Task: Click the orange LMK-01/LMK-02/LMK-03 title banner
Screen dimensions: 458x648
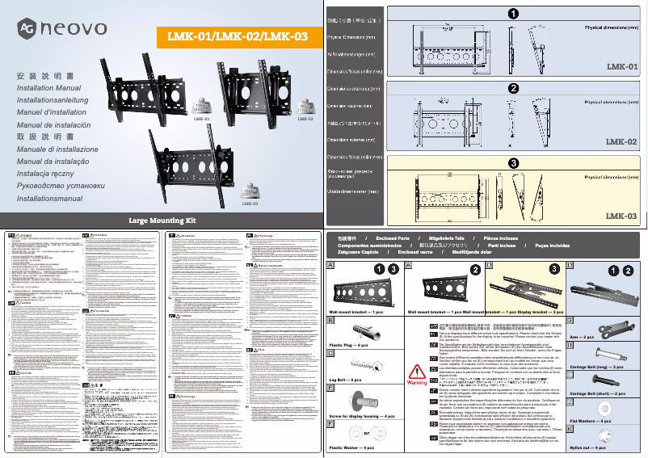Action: [x=237, y=36]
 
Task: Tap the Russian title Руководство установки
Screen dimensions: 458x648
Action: [x=61, y=186]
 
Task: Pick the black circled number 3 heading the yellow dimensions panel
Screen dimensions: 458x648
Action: [x=513, y=162]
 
